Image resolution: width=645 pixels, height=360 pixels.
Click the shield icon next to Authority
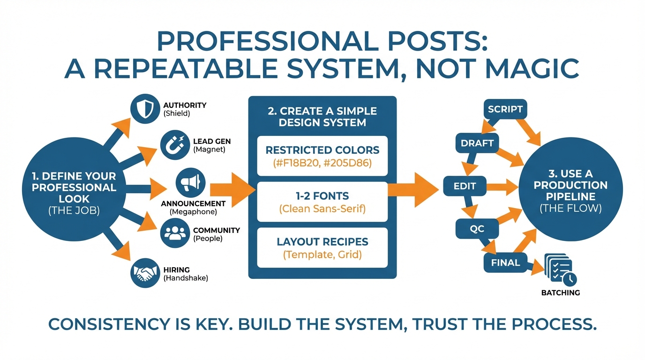click(144, 109)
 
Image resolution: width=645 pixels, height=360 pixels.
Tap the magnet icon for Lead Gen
click(175, 145)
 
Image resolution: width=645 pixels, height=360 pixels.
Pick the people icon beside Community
click(175, 233)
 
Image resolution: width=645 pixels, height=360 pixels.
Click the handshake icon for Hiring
click(144, 273)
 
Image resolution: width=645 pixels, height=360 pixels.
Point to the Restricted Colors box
click(322, 156)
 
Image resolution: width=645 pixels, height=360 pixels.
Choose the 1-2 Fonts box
click(322, 202)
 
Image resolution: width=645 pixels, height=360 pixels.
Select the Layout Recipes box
click(322, 247)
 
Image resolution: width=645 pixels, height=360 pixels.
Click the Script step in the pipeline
click(505, 109)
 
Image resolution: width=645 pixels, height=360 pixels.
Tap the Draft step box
click(477, 144)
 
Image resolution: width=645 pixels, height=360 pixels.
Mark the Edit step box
click(465, 186)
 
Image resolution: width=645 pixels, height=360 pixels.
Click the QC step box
click(477, 229)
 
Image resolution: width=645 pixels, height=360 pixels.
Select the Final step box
click(505, 262)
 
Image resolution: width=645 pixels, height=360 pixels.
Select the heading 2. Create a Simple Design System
click(322, 117)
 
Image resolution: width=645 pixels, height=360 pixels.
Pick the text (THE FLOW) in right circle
click(570, 208)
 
